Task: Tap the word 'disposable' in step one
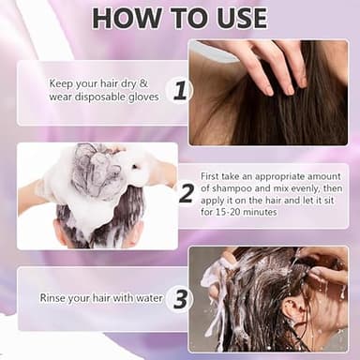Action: pyautogui.click(x=105, y=95)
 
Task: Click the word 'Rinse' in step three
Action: pyautogui.click(x=54, y=298)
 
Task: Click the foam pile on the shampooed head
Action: pyautogui.click(x=96, y=169)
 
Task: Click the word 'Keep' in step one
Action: pyautogui.click(x=61, y=82)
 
